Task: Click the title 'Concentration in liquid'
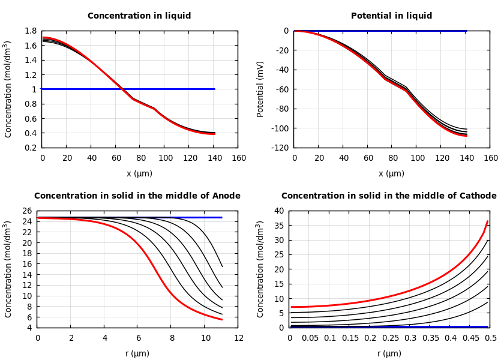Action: point(139,16)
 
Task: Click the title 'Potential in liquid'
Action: point(391,16)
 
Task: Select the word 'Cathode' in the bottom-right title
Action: point(479,196)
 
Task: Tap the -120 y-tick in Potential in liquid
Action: point(281,148)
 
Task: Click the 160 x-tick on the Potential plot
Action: point(490,158)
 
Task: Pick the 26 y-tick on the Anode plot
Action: point(26,211)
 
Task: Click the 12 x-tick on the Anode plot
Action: point(238,338)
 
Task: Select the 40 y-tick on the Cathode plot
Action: point(278,211)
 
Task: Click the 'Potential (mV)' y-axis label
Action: point(260,89)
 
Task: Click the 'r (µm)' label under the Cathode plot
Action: point(390,353)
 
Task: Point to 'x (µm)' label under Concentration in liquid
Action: point(139,173)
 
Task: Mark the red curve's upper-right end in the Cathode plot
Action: point(487,221)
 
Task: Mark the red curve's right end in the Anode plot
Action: point(222,320)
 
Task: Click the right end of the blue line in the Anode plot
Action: point(222,217)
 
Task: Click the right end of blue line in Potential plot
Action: point(466,31)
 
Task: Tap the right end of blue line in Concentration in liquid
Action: point(214,89)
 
